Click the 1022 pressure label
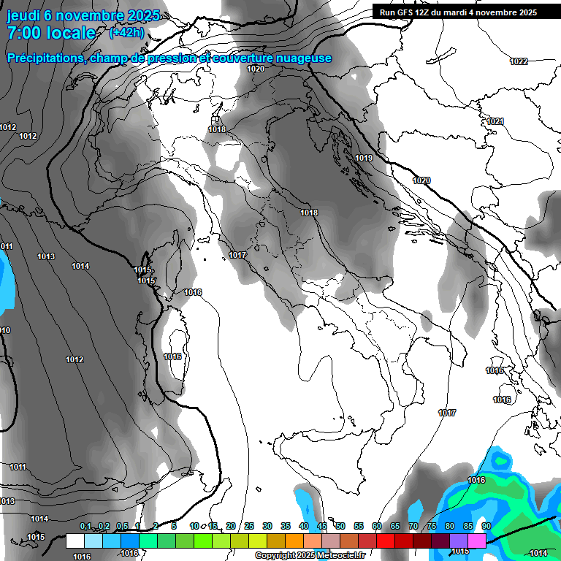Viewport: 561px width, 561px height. click(x=519, y=61)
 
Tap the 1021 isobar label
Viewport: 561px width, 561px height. click(x=495, y=121)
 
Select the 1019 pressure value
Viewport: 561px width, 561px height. click(x=364, y=158)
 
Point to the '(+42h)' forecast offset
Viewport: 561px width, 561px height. click(x=126, y=33)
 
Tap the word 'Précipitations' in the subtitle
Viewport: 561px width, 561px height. click(x=46, y=58)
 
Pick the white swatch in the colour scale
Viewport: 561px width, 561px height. click(x=75, y=541)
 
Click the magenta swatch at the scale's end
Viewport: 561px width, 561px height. click(x=477, y=541)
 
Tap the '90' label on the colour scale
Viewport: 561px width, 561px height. click(x=486, y=527)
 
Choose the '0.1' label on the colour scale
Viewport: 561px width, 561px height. click(x=85, y=527)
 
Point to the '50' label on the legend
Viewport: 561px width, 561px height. click(x=340, y=527)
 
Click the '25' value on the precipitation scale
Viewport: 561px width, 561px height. click(x=249, y=527)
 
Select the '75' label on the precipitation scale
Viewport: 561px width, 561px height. click(x=432, y=527)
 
